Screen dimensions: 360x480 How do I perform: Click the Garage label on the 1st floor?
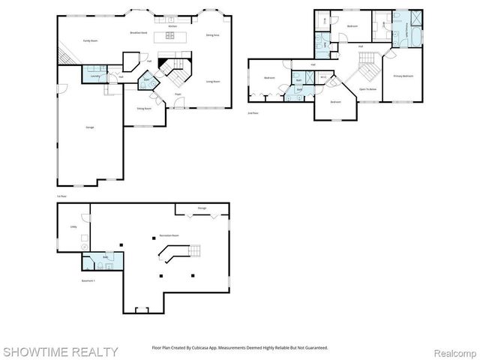click(x=89, y=127)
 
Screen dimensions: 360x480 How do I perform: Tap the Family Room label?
click(x=91, y=40)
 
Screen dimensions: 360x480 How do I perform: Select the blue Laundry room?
click(x=94, y=76)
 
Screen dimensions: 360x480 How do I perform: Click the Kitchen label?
click(x=172, y=26)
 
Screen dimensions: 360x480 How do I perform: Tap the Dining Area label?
click(x=211, y=35)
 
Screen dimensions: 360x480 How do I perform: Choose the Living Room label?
click(x=212, y=81)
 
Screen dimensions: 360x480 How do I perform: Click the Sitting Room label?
click(x=144, y=109)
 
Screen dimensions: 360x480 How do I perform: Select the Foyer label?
click(x=178, y=94)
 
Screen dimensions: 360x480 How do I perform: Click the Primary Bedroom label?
click(x=403, y=76)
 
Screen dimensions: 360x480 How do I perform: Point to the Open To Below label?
click(x=367, y=88)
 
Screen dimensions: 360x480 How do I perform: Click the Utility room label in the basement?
click(x=74, y=226)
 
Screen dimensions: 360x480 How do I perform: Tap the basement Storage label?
click(x=202, y=208)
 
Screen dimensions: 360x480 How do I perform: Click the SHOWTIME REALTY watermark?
click(x=59, y=351)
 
